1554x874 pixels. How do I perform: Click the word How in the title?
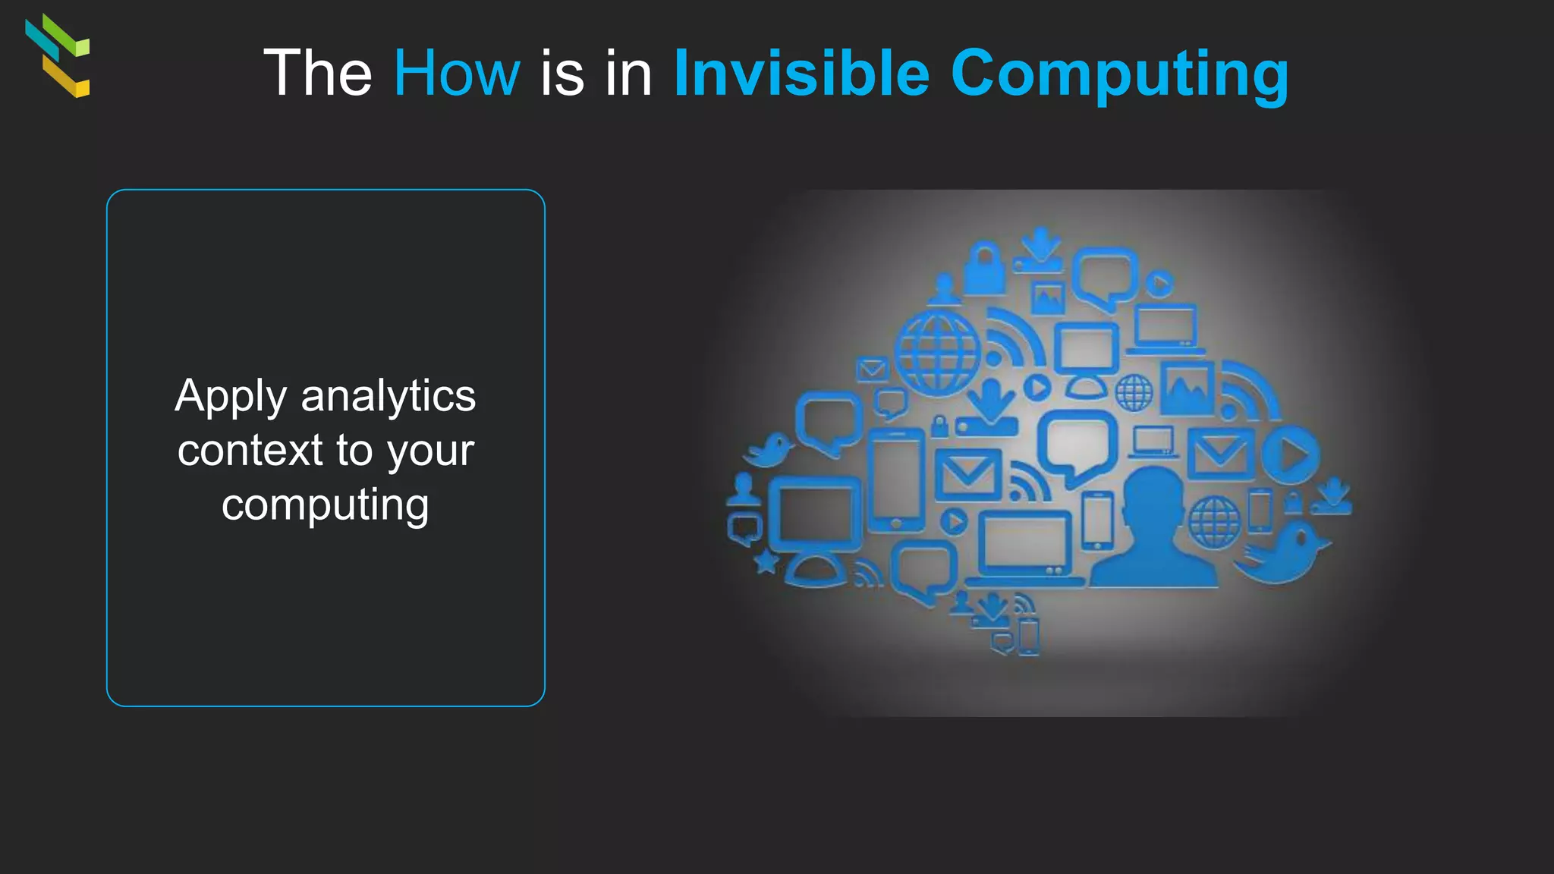(x=456, y=73)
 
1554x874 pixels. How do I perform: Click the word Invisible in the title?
(x=801, y=73)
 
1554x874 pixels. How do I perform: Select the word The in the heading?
(x=317, y=73)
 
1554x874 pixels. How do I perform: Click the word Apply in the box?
(x=231, y=398)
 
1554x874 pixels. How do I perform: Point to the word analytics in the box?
(x=388, y=396)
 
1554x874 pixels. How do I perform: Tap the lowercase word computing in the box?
(x=326, y=505)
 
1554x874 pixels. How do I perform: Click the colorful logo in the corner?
(x=58, y=55)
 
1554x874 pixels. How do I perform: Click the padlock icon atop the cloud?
(x=985, y=269)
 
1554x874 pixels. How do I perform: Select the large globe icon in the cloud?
(x=938, y=352)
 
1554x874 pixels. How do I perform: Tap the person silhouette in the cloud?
(x=1153, y=530)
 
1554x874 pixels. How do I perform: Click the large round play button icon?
(x=1291, y=455)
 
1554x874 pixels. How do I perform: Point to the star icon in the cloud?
(x=766, y=562)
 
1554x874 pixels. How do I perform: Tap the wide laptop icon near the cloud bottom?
(x=1024, y=546)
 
